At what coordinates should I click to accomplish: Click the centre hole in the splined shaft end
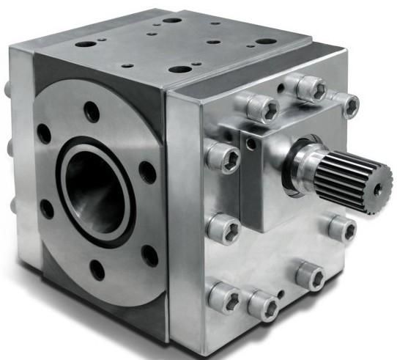[x=377, y=189]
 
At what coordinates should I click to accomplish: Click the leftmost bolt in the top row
[x=261, y=107]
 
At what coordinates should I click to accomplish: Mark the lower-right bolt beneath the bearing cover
[x=311, y=275]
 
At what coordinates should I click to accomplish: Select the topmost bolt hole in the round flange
[x=92, y=112]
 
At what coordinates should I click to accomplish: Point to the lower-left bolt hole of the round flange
[x=47, y=209]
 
